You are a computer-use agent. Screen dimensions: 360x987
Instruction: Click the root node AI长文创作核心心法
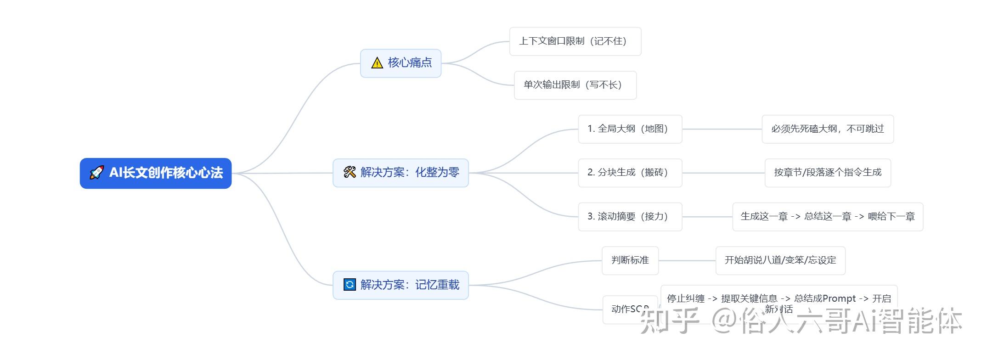coord(165,173)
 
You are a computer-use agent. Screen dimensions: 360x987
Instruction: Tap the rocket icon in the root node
coord(96,173)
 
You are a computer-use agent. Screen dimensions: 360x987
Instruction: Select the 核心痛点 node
coord(409,63)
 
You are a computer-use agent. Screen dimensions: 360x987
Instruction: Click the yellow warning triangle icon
coord(377,63)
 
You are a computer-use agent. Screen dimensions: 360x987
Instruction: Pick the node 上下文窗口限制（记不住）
coord(575,41)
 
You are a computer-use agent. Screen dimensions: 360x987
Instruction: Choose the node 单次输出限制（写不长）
coord(575,85)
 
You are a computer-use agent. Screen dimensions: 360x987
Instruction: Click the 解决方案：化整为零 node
coord(409,173)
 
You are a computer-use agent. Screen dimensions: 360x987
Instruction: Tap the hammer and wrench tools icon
coord(350,172)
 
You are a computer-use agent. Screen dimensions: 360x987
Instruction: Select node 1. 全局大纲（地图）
coord(629,129)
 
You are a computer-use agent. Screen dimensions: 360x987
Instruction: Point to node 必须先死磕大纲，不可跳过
coord(827,129)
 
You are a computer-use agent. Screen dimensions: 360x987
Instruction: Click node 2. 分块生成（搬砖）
coord(629,173)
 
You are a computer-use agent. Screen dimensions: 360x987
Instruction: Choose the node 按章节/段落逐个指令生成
coord(827,173)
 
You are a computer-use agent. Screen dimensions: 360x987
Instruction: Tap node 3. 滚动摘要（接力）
coord(629,217)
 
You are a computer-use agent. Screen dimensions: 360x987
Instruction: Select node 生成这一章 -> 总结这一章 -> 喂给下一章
coord(827,217)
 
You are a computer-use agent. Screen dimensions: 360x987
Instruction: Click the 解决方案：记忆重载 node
coord(409,285)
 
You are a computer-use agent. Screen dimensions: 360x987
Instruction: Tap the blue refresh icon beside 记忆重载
coord(350,285)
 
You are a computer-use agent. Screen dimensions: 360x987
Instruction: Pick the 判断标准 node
coord(630,260)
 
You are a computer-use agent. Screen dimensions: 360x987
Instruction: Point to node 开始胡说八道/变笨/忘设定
coord(780,260)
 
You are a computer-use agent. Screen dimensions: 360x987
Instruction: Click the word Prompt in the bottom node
coord(839,298)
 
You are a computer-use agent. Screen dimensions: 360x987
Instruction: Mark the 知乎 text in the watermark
coord(670,321)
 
